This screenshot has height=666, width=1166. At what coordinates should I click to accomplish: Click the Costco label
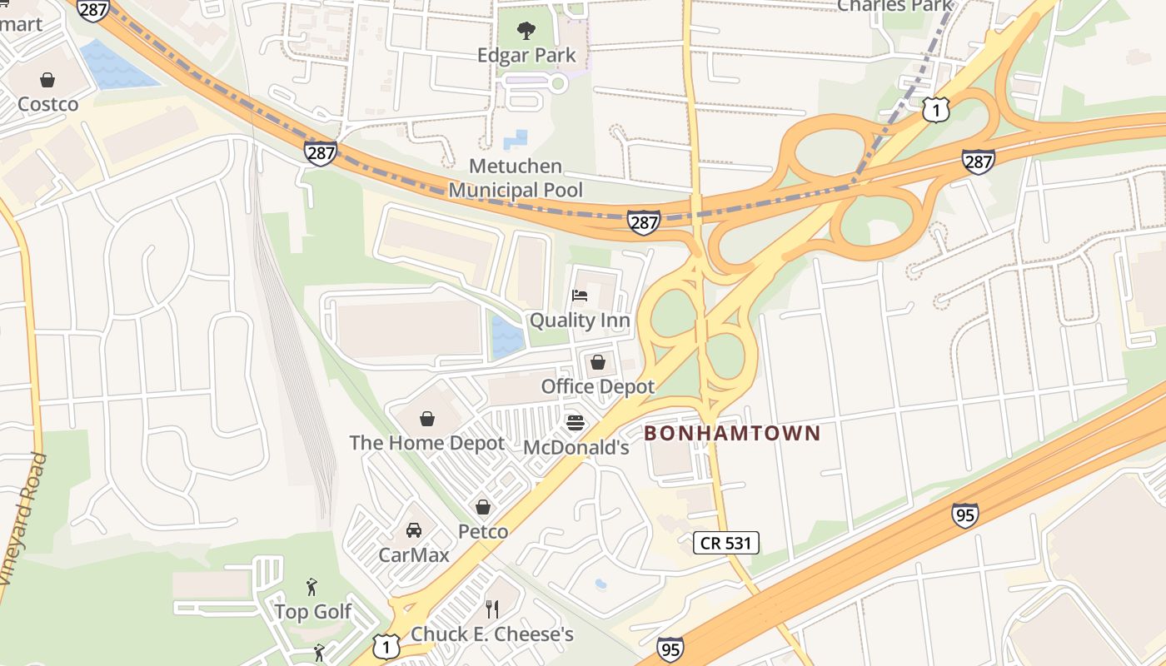(x=48, y=104)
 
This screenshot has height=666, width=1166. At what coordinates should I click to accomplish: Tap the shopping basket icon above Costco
(x=47, y=80)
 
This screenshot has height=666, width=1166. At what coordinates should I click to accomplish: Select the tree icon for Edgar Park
(x=526, y=32)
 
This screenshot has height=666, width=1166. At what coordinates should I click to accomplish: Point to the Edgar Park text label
(x=526, y=56)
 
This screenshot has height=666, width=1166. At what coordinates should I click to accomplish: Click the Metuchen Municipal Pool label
(x=516, y=178)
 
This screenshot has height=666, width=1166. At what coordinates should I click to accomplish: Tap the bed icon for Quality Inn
(x=580, y=296)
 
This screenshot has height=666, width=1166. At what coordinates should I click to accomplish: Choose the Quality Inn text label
(x=580, y=321)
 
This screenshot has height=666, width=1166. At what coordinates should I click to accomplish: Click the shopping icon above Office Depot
(x=597, y=362)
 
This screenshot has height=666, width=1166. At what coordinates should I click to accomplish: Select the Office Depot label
(x=598, y=386)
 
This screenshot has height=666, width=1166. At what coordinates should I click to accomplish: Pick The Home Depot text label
(x=427, y=443)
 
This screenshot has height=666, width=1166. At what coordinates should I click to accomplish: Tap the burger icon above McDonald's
(x=576, y=423)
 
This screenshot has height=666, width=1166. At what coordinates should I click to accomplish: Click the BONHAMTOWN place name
(x=732, y=433)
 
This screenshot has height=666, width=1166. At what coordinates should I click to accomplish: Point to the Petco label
(x=483, y=531)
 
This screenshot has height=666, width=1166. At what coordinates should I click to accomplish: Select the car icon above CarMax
(x=414, y=530)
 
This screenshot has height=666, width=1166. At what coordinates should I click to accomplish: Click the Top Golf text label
(x=313, y=612)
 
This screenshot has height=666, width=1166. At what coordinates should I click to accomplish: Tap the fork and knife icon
(x=492, y=609)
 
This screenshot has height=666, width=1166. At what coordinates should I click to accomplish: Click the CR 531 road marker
(x=726, y=544)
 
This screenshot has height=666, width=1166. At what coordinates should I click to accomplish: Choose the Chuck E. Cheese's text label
(x=492, y=634)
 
